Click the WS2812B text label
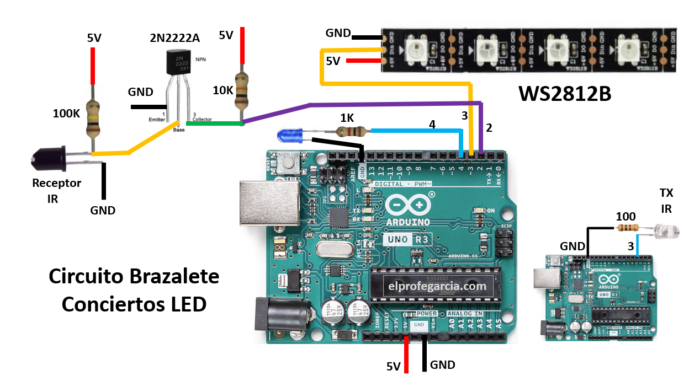point(565,94)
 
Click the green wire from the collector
point(214,123)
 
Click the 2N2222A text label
point(174,38)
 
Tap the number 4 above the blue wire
point(432,125)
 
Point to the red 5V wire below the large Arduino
point(406,355)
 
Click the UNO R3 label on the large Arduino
point(406,239)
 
